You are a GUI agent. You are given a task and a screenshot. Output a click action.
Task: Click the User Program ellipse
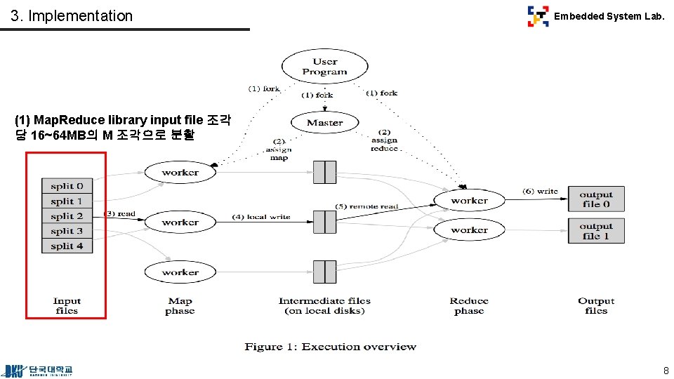point(324,67)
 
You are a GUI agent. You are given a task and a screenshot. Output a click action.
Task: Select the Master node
point(324,123)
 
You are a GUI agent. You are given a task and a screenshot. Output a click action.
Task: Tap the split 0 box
point(67,186)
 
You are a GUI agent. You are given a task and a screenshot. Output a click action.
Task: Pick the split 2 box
point(67,216)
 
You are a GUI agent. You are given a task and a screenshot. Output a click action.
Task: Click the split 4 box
point(67,246)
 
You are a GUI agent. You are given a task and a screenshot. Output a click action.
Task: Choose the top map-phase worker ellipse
point(180,173)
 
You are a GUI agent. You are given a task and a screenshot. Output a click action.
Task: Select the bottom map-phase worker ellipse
point(180,272)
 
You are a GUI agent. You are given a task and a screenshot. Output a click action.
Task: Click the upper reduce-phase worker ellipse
point(469,201)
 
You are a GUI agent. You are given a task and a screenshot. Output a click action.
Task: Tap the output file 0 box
point(596,199)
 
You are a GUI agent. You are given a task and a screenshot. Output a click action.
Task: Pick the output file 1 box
point(596,231)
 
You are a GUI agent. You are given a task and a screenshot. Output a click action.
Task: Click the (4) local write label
point(260,217)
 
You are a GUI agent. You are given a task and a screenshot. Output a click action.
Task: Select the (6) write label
point(540,191)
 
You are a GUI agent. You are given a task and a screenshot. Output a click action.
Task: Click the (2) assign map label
point(279,149)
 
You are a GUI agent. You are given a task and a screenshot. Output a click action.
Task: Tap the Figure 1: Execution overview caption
point(330,347)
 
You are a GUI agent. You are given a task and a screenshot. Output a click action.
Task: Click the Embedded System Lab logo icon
point(538,16)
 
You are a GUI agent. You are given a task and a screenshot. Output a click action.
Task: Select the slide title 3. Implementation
point(72,15)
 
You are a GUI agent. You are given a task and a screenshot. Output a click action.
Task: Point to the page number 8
point(665,370)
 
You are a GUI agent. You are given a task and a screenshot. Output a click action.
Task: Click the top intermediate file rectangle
point(324,172)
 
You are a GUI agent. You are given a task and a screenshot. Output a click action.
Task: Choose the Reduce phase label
point(468,306)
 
